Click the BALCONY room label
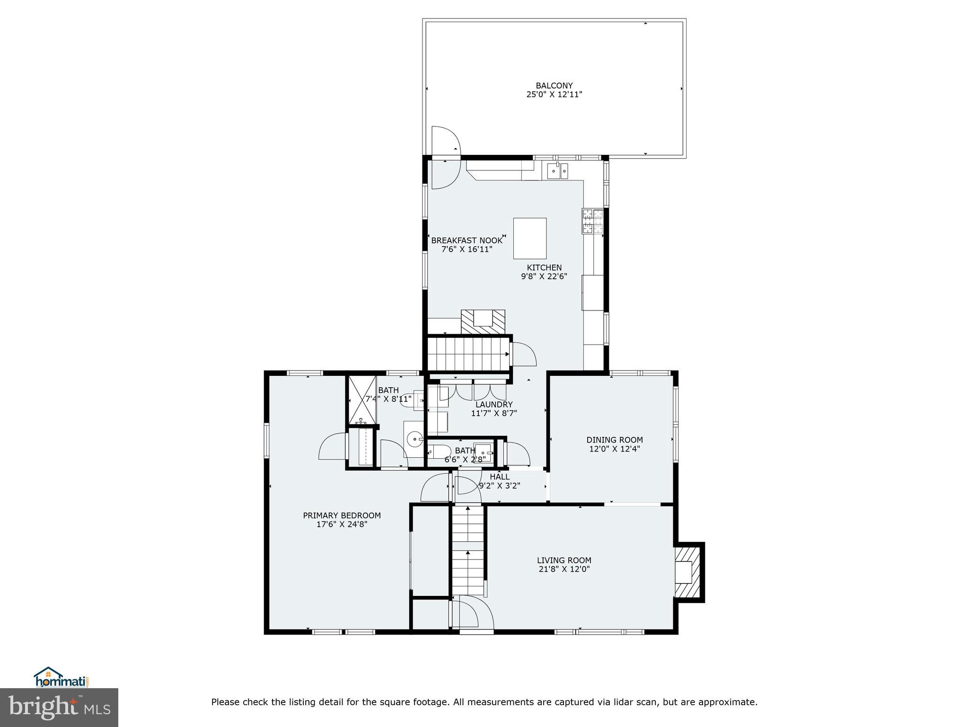[554, 86]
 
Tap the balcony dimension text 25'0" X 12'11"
[554, 95]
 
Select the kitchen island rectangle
[529, 238]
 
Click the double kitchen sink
[558, 171]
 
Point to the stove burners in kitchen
[592, 222]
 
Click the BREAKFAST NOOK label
[467, 240]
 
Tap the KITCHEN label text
[544, 268]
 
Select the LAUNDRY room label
[493, 405]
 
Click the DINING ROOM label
[614, 440]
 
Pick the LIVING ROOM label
[564, 560]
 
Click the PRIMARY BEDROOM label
[342, 515]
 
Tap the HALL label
[500, 477]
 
